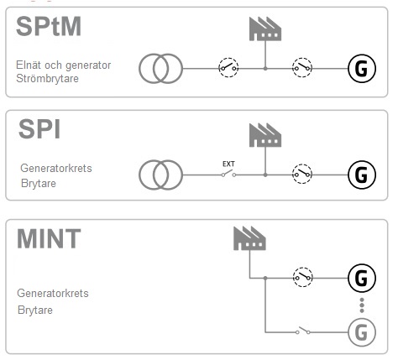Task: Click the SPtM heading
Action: coord(49,26)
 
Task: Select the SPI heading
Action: coord(39,129)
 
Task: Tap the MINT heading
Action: coord(49,238)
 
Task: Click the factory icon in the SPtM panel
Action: coord(265,29)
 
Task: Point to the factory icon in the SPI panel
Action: coord(265,135)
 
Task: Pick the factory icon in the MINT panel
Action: coord(249,238)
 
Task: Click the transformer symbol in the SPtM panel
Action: coord(161,69)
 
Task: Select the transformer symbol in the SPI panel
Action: coord(161,175)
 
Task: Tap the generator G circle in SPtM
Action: coord(362,69)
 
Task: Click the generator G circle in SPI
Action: coord(362,175)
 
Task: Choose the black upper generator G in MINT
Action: coord(362,278)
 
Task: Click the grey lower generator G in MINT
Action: coord(362,332)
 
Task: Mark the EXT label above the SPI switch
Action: coord(228,164)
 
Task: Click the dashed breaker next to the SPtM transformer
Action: coord(228,68)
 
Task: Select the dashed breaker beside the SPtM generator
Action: coord(302,68)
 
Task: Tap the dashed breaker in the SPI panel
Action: coord(302,174)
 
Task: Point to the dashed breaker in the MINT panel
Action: coord(302,277)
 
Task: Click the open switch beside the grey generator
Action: coord(303,331)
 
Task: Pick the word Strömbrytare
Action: coord(47,79)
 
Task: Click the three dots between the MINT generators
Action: coord(362,305)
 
